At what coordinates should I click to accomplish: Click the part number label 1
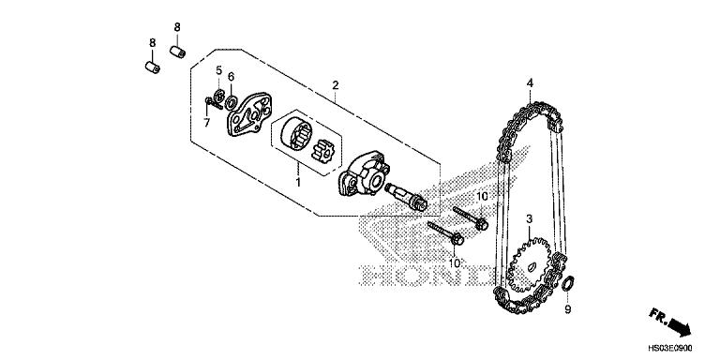[297, 175]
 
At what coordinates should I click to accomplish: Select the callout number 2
[335, 85]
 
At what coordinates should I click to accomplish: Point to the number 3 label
[529, 218]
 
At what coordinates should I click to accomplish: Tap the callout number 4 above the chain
[530, 83]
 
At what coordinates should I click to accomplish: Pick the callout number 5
[217, 70]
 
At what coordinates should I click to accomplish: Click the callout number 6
[231, 77]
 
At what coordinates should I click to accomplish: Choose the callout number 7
[208, 123]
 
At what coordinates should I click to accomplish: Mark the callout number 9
[566, 307]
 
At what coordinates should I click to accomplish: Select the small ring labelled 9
[567, 285]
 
